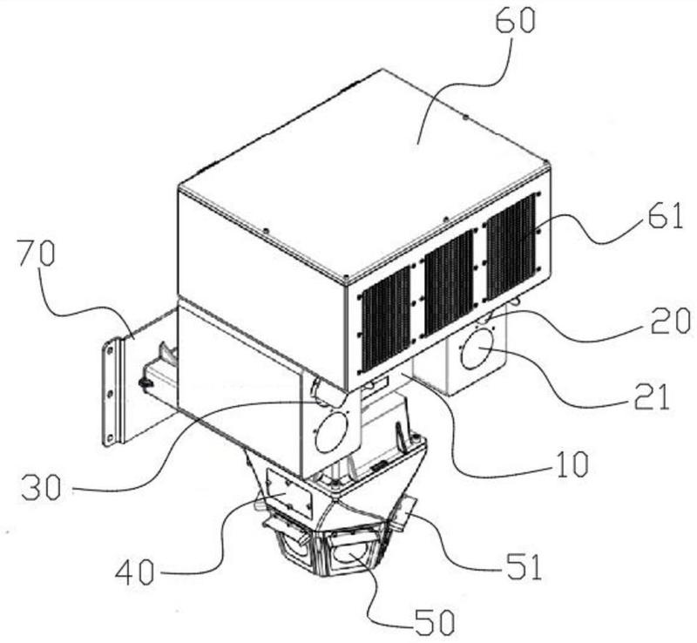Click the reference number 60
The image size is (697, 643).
click(x=515, y=20)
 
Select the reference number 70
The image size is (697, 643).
click(x=37, y=253)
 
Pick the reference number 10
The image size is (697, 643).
click(x=572, y=464)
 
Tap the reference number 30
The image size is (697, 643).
click(x=41, y=487)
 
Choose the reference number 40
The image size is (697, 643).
click(x=135, y=572)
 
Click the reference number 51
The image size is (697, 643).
click(x=524, y=566)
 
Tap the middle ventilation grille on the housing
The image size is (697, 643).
click(x=450, y=283)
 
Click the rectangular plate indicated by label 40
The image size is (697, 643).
click(x=289, y=493)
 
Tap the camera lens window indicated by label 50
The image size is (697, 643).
click(x=349, y=554)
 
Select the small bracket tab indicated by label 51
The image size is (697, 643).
click(x=404, y=513)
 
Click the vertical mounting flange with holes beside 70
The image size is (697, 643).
click(x=112, y=392)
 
